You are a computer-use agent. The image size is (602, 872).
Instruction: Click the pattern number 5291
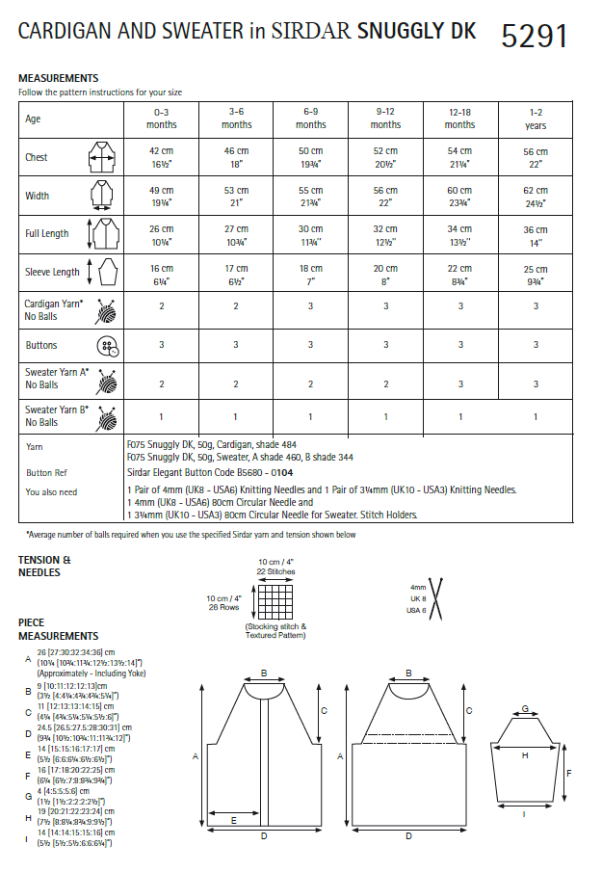tap(534, 36)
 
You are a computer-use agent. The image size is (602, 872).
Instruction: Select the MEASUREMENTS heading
tap(58, 78)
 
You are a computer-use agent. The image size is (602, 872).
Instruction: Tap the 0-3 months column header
tap(162, 119)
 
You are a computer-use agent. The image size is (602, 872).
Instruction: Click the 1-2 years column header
tap(536, 119)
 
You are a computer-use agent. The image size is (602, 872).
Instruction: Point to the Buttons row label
tap(41, 345)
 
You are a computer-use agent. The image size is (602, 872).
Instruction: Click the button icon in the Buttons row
tap(105, 346)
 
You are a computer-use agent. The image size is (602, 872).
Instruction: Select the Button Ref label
tap(46, 473)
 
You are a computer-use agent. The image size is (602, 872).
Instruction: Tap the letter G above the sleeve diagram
tap(524, 708)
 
